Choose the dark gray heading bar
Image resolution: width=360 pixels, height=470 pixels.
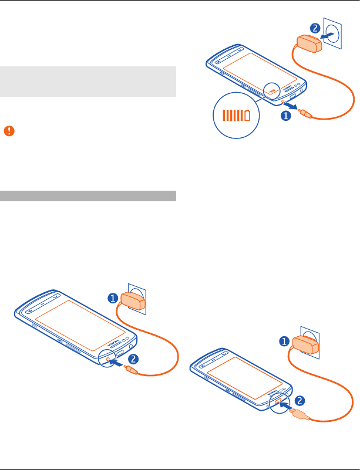pos(88,195)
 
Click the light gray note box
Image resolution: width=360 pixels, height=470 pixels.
pos(88,81)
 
